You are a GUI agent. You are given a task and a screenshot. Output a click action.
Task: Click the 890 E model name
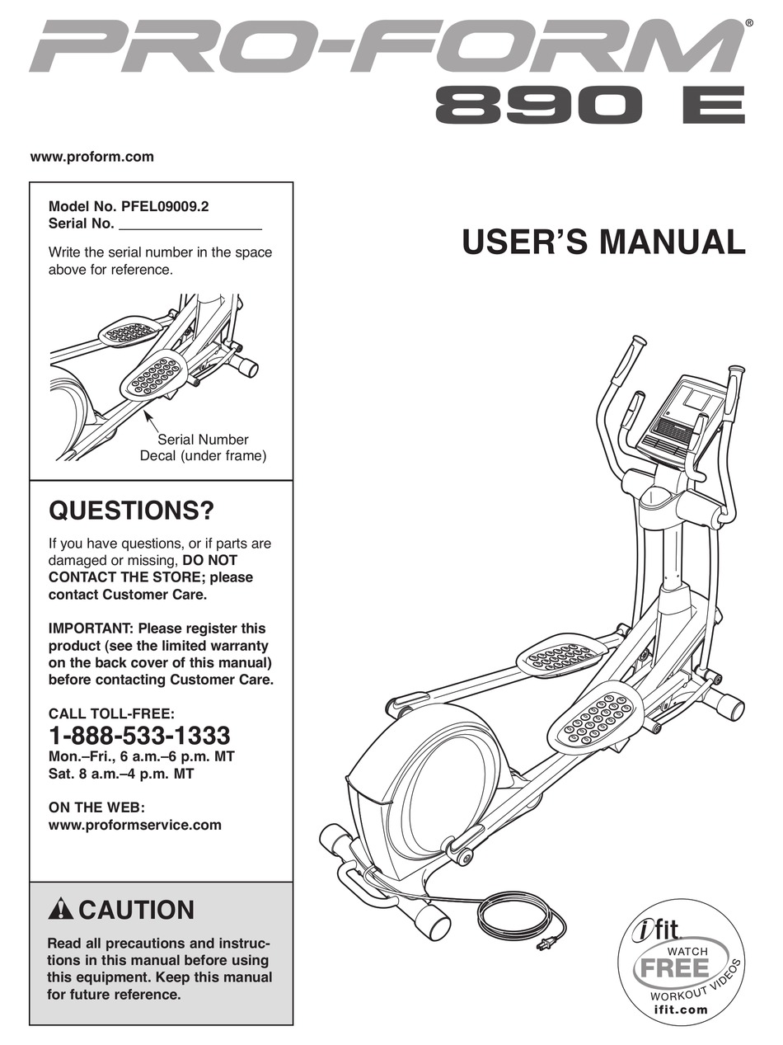tap(589, 107)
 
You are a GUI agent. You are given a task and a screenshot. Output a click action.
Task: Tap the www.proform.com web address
tap(91, 157)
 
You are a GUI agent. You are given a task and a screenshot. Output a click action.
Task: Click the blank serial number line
tap(190, 224)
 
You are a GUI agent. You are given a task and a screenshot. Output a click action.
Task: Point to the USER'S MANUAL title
tap(603, 242)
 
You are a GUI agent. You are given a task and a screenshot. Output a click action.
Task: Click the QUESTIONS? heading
tap(132, 511)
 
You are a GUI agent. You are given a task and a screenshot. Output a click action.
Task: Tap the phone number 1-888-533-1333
tap(139, 735)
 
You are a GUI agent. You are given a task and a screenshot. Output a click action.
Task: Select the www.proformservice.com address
tap(135, 825)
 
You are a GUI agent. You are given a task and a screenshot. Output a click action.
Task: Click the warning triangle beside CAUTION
tap(61, 911)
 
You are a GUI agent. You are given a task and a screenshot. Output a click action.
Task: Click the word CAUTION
tap(137, 911)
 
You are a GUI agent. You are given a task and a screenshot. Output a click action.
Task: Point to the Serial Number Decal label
tap(203, 448)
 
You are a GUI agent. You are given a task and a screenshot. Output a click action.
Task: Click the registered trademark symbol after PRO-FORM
tap(748, 24)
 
